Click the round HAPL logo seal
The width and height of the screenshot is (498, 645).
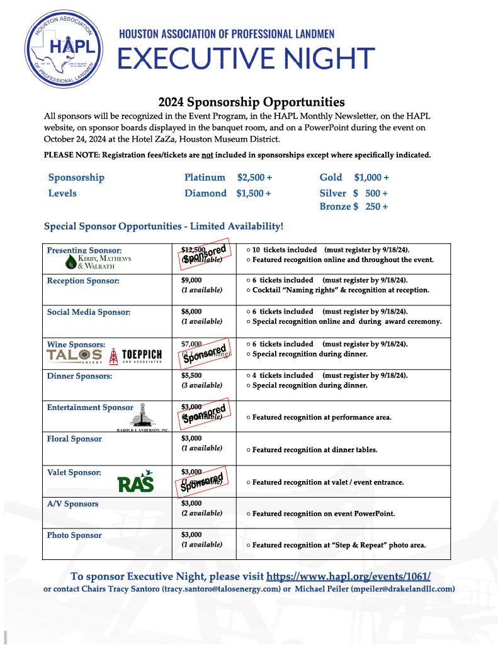[62, 48]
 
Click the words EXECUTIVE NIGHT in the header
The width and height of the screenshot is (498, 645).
[246, 59]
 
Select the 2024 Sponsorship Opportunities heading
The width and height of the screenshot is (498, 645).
[251, 102]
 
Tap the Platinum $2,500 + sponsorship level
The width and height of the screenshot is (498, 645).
[228, 178]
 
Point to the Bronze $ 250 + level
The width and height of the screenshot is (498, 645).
[353, 207]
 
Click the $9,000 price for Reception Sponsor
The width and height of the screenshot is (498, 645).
[191, 280]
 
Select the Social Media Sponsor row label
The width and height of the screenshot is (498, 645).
[89, 312]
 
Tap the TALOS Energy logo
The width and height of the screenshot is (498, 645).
[74, 357]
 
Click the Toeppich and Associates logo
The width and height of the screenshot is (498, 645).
[137, 357]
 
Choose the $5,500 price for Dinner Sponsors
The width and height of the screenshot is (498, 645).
[191, 375]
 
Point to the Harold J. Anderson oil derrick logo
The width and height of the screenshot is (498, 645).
[142, 416]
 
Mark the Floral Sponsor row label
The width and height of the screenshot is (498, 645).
[74, 439]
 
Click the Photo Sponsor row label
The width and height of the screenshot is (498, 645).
[74, 535]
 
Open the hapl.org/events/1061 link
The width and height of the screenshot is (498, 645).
[348, 576]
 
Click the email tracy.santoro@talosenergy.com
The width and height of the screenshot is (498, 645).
[221, 589]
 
